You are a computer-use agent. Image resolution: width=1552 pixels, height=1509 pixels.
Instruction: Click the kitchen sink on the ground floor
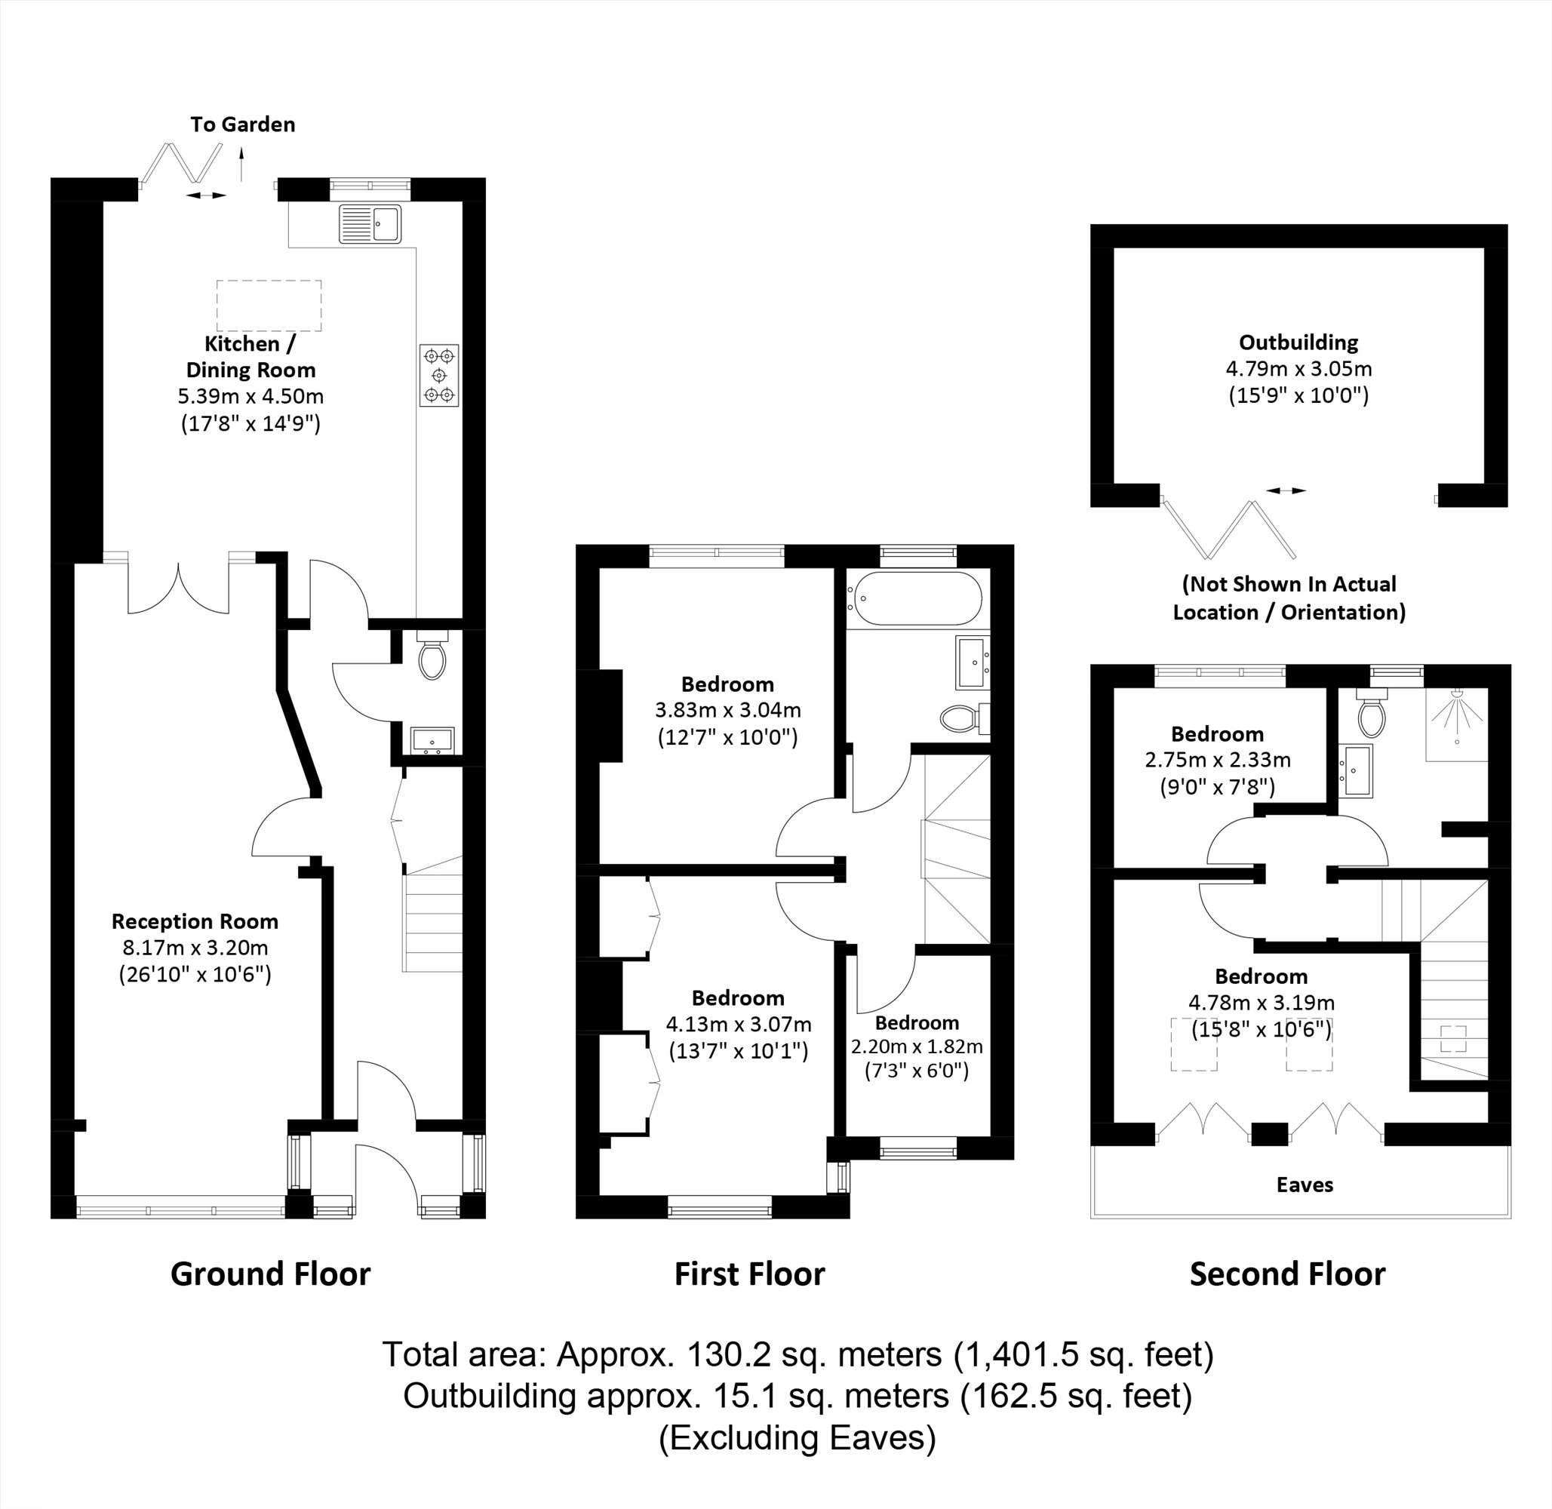pyautogui.click(x=370, y=223)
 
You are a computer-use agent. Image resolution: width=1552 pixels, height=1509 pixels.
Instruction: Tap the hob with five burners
pyautogui.click(x=439, y=375)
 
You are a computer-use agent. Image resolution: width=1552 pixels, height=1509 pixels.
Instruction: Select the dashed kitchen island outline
pyautogui.click(x=269, y=305)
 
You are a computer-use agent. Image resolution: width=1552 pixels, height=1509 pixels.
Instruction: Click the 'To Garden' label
pyautogui.click(x=242, y=124)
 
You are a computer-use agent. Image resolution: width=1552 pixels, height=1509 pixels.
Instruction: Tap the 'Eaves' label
pyautogui.click(x=1304, y=1185)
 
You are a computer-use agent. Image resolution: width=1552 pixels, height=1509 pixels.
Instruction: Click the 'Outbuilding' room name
pyautogui.click(x=1298, y=343)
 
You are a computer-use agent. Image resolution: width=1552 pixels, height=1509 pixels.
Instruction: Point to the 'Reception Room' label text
pyautogui.click(x=195, y=921)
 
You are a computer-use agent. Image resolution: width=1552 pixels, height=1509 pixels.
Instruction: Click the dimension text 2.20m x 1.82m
pyautogui.click(x=917, y=1046)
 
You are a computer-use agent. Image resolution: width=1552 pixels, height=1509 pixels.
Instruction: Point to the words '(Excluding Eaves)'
pyautogui.click(x=797, y=1437)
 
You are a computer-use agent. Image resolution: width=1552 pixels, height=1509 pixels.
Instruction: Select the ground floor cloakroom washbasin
pyautogui.click(x=432, y=741)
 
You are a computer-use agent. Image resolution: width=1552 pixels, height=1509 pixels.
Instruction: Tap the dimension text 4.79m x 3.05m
pyautogui.click(x=1298, y=368)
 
